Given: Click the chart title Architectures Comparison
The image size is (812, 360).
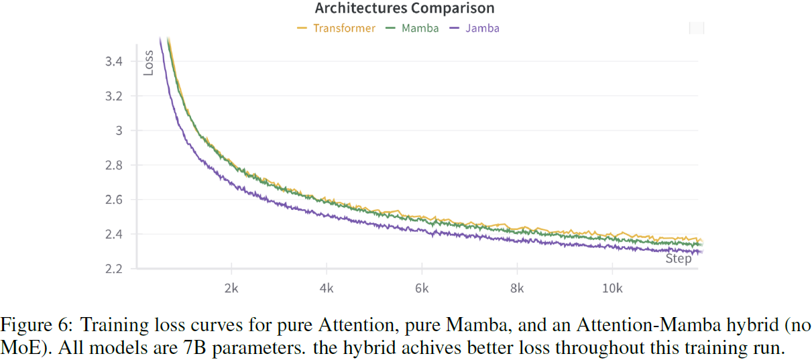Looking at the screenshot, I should click(x=404, y=9).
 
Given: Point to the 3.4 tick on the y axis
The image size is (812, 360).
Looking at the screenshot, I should click(x=113, y=62).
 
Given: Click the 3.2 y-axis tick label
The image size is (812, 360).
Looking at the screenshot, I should click(x=113, y=96).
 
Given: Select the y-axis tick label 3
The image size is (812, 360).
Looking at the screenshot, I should click(x=118, y=131).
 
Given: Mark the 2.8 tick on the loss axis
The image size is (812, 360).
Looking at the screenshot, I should click(x=113, y=165).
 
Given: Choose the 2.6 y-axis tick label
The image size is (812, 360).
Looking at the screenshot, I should click(x=113, y=200).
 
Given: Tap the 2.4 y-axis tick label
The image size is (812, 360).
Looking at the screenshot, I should click(x=113, y=234).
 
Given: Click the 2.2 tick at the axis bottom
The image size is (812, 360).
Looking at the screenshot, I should click(x=113, y=269).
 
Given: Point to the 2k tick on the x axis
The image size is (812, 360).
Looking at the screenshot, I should click(x=231, y=289).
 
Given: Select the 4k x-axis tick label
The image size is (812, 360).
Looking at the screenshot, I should click(x=327, y=289).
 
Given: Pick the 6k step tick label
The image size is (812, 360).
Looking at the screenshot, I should click(x=422, y=289).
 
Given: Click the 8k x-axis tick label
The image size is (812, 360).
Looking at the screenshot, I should click(x=517, y=289).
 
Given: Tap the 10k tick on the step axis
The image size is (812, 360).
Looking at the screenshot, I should click(x=612, y=289).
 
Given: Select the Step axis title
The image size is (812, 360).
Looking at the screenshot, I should click(x=678, y=259).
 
